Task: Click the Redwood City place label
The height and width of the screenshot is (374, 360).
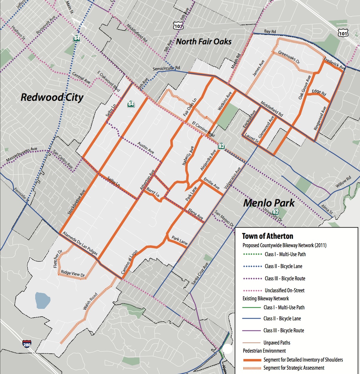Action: point(52,97)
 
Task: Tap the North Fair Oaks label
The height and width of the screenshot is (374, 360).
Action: point(204,42)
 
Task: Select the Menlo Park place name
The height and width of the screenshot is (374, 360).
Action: point(269,203)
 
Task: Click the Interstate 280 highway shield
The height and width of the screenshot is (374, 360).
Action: point(27,344)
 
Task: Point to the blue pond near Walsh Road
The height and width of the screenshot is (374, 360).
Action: point(41,300)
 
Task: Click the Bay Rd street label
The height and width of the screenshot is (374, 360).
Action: point(270,31)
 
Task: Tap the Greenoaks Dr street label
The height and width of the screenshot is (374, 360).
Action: point(289,57)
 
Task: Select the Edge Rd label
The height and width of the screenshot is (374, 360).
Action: point(319,92)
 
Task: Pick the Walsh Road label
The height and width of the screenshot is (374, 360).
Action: point(90,301)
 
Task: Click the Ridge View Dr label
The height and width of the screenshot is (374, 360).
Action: point(73,273)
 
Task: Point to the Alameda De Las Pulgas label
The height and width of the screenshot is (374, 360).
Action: point(80,244)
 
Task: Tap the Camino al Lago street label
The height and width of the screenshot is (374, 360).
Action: point(129,262)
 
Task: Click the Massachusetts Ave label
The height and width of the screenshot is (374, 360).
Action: point(21,154)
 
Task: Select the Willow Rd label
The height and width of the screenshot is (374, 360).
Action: point(343,182)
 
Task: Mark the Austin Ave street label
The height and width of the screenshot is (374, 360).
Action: point(146,148)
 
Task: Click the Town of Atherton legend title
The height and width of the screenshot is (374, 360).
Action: point(267,236)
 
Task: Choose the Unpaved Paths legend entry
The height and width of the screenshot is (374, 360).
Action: point(277,343)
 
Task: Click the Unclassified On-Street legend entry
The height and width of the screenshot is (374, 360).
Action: point(284,290)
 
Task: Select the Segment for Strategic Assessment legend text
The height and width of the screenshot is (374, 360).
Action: point(294,368)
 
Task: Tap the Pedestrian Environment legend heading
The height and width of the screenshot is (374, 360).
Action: point(264,351)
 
